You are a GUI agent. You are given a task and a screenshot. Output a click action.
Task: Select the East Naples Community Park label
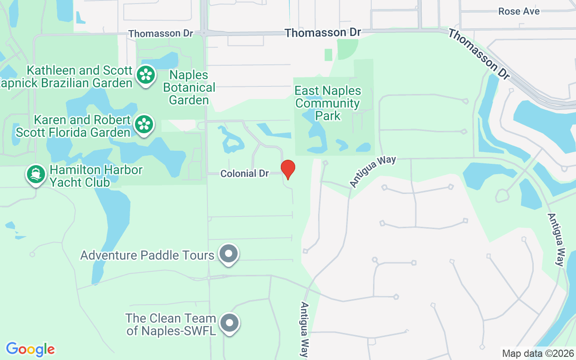coord(328,103)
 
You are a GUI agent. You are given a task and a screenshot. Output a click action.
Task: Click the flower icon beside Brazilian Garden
coord(146,75)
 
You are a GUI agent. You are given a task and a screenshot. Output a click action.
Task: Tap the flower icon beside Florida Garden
coord(144,124)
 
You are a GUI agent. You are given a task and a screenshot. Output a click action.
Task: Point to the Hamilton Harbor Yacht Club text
coord(96,176)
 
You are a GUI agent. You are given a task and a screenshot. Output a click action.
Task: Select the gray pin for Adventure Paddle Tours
coord(229,254)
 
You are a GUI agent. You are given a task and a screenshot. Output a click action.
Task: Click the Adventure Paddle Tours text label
coord(147,255)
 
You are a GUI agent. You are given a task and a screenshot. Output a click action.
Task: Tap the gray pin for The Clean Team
coord(230,323)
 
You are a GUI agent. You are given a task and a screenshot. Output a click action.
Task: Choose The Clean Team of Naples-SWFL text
coord(171,324)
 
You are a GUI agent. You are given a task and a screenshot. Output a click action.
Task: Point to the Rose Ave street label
coord(519,11)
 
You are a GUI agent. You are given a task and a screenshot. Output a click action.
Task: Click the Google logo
coord(30,349)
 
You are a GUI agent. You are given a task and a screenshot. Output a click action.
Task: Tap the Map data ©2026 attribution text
coord(538,353)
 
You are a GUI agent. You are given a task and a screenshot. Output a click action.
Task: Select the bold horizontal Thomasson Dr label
coord(323,33)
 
